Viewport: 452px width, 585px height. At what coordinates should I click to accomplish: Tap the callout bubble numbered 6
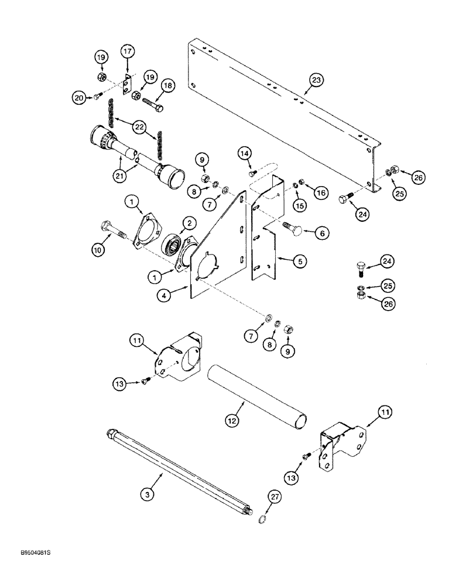(321, 232)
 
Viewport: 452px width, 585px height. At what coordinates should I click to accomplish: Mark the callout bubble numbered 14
(245, 153)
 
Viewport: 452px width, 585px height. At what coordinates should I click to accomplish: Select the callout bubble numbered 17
(127, 51)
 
